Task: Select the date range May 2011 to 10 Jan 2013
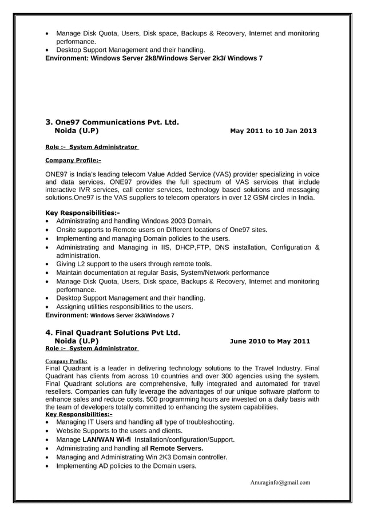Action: click(272, 131)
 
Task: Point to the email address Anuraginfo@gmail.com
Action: click(280, 482)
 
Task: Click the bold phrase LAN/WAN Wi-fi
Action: click(106, 439)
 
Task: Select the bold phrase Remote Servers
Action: click(176, 449)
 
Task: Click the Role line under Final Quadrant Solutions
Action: click(92, 348)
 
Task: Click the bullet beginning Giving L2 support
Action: click(134, 264)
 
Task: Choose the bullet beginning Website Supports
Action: click(119, 430)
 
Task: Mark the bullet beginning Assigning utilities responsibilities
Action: click(124, 307)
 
